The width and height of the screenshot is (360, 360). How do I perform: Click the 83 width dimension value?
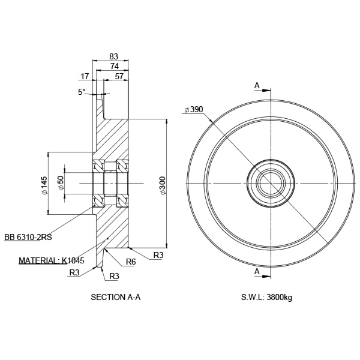pyautogui.click(x=113, y=56)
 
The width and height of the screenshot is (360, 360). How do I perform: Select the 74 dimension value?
pyautogui.click(x=115, y=66)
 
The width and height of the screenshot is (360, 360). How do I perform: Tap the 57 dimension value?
pyautogui.click(x=119, y=76)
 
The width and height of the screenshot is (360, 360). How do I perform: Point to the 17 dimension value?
pyautogui.click(x=85, y=76)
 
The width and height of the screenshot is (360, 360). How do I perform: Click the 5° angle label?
pyautogui.click(x=82, y=92)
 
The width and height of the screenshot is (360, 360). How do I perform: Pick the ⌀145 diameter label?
pyautogui.click(x=44, y=185)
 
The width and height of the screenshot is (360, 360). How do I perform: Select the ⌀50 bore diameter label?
pyautogui.click(x=61, y=183)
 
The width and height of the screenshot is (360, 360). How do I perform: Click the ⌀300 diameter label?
pyautogui.click(x=163, y=185)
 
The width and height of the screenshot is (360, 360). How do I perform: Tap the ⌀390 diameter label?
pyautogui.click(x=194, y=110)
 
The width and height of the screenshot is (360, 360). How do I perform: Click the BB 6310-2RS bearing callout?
pyautogui.click(x=28, y=237)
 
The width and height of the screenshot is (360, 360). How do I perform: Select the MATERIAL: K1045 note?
pyautogui.click(x=52, y=260)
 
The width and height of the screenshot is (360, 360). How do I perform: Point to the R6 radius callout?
pyautogui.click(x=131, y=262)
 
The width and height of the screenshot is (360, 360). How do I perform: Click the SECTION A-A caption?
pyautogui.click(x=115, y=297)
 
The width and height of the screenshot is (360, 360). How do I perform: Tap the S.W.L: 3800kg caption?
pyautogui.click(x=266, y=298)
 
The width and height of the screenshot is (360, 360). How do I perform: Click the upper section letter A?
pyautogui.click(x=257, y=85)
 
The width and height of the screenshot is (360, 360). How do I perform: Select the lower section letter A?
pyautogui.click(x=257, y=271)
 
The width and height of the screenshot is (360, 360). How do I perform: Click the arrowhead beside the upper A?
pyautogui.click(x=266, y=90)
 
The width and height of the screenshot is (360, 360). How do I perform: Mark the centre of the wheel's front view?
pyautogui.click(x=271, y=183)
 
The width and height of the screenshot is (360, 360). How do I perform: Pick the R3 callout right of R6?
pyautogui.click(x=158, y=255)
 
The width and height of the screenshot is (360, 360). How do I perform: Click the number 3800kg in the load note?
pyautogui.click(x=280, y=298)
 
